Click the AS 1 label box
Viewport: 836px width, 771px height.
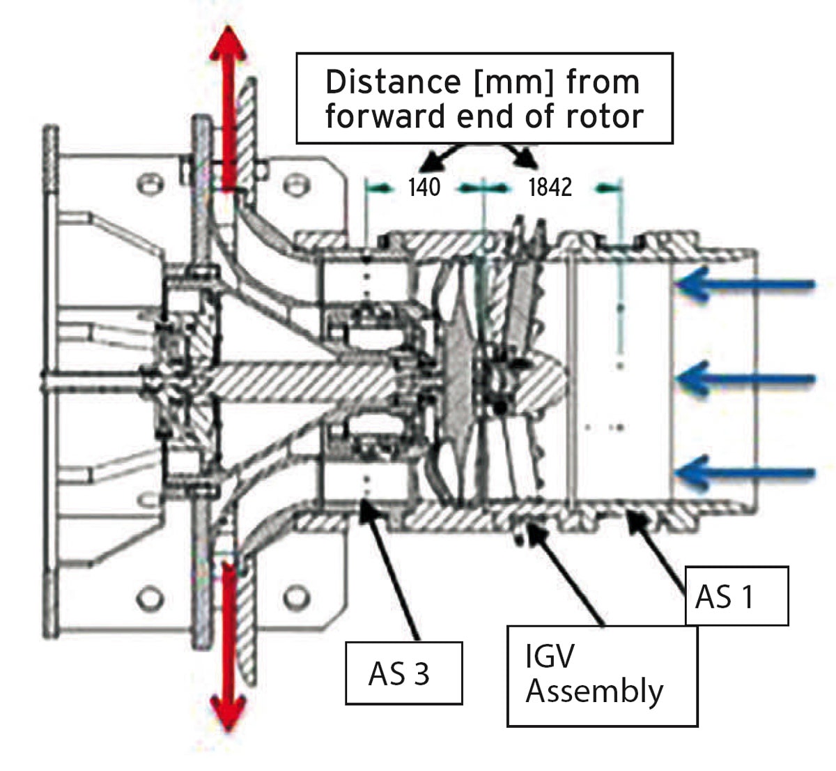click(x=737, y=596)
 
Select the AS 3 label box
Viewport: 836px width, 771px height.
click(x=404, y=673)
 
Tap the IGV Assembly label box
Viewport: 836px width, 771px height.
click(x=602, y=676)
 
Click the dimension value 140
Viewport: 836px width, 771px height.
click(x=424, y=188)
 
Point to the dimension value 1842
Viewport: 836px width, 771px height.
click(x=550, y=188)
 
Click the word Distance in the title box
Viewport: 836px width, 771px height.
click(x=393, y=82)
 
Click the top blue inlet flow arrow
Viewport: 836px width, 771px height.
click(x=745, y=284)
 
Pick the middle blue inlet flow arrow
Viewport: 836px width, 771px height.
click(x=745, y=379)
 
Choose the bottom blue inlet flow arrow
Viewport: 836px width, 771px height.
click(x=745, y=473)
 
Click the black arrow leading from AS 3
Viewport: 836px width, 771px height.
click(x=389, y=571)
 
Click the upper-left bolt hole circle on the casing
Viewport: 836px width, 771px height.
click(x=150, y=184)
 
